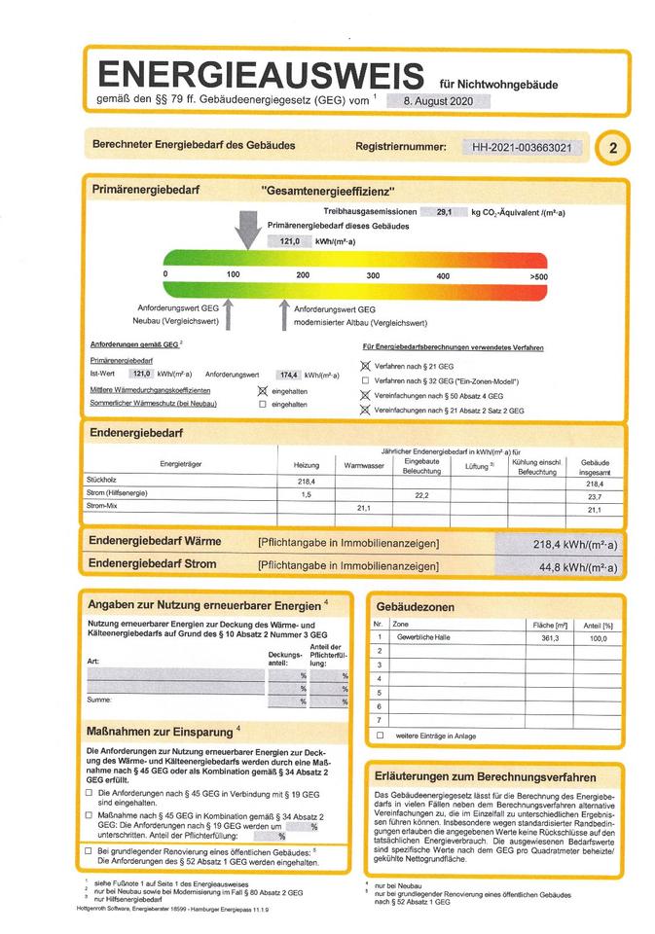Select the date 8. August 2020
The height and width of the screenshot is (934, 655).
(437, 100)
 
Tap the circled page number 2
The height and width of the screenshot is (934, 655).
(612, 149)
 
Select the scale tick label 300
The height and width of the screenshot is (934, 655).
(373, 276)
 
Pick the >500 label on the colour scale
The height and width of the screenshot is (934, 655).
(538, 277)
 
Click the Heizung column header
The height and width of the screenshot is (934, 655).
(307, 466)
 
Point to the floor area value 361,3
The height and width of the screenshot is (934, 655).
(550, 636)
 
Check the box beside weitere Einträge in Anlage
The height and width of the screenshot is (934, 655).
(381, 736)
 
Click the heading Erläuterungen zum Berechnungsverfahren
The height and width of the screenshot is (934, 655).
(486, 776)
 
